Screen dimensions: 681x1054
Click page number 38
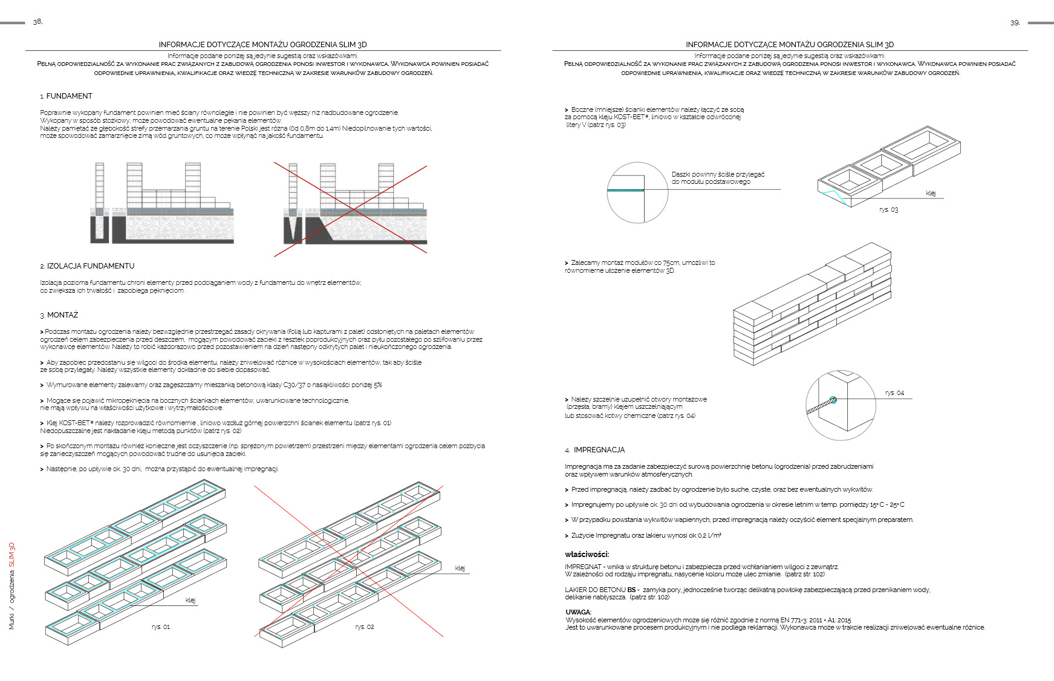pos(37,22)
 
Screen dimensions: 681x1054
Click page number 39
pos(1015,23)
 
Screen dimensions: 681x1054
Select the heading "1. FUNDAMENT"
pos(67,96)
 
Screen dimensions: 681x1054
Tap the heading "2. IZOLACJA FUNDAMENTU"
pos(87,266)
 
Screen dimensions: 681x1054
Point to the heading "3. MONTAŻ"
pos(59,315)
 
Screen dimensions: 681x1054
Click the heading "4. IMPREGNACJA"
pos(595,450)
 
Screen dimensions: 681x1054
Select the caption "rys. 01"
pos(161,627)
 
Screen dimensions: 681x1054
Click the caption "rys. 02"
pos(365,627)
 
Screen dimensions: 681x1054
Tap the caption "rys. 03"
pos(889,210)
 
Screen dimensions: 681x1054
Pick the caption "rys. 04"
pos(895,393)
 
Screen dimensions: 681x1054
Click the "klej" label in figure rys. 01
pos(190,600)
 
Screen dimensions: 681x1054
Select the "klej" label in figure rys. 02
pos(460,568)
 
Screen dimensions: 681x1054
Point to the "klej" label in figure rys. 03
pos(931,194)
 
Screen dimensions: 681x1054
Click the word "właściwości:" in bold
pos(587,554)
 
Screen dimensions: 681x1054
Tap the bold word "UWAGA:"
pos(579,612)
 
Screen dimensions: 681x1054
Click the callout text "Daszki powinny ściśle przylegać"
pos(718,174)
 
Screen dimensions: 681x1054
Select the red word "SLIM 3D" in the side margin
pos(11,555)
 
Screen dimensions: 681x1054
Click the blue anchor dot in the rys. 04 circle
pos(833,400)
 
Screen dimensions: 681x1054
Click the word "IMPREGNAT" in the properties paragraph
pos(583,567)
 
